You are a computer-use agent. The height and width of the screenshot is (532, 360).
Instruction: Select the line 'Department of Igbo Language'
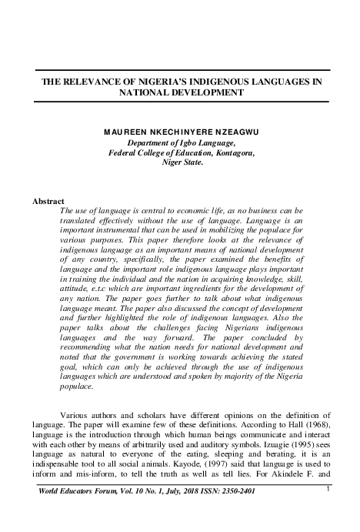pos(181,142)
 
